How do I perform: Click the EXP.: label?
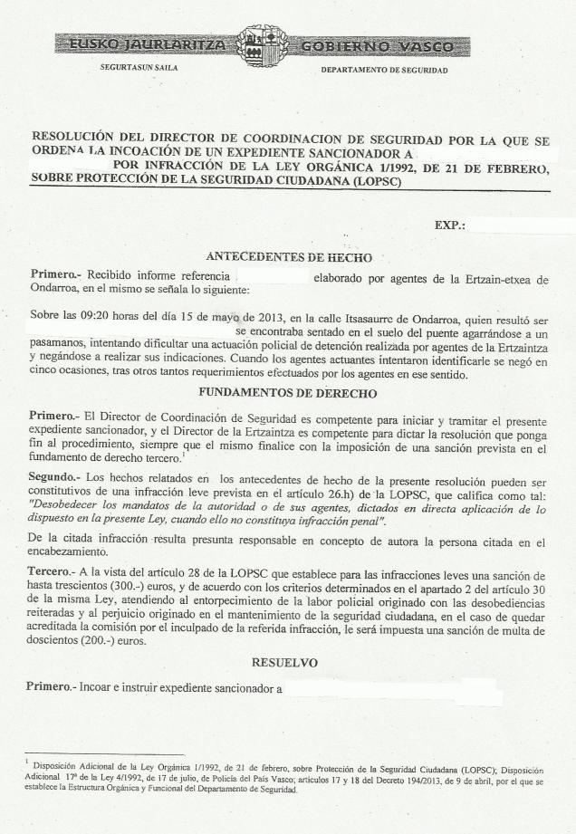[449, 223]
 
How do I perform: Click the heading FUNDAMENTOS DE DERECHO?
[287, 393]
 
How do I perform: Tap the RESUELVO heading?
[283, 663]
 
